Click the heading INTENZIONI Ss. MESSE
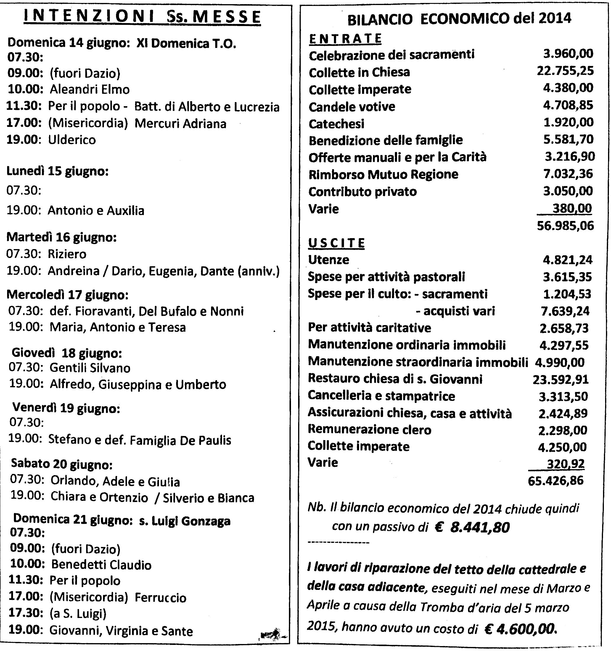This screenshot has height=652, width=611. (x=142, y=17)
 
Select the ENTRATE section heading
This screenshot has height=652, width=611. (x=345, y=39)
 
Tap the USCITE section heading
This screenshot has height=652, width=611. (x=336, y=243)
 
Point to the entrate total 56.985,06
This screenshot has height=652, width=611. (x=565, y=226)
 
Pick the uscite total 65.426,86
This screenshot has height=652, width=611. (x=556, y=480)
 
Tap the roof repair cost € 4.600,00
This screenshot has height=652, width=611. (x=520, y=628)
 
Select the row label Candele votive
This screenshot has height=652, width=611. (x=352, y=106)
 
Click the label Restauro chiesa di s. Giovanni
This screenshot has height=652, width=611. (x=395, y=379)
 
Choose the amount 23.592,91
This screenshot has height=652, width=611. (x=560, y=380)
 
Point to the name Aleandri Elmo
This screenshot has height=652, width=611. (x=90, y=89)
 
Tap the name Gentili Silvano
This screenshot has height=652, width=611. (x=90, y=368)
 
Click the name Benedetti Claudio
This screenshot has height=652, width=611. (x=102, y=565)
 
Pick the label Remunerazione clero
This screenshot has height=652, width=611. (x=369, y=429)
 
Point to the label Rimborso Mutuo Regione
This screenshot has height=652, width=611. (x=383, y=174)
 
